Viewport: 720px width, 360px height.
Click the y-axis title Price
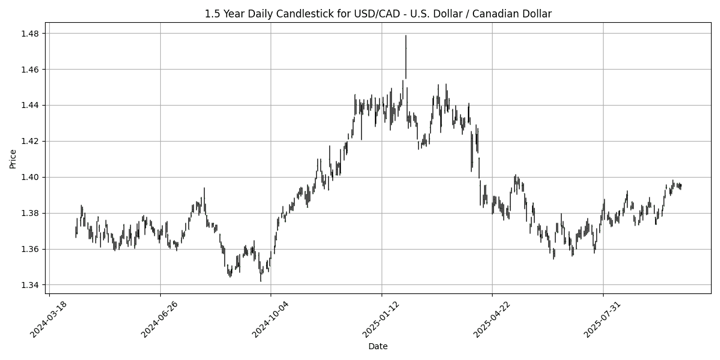tap(13, 159)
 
